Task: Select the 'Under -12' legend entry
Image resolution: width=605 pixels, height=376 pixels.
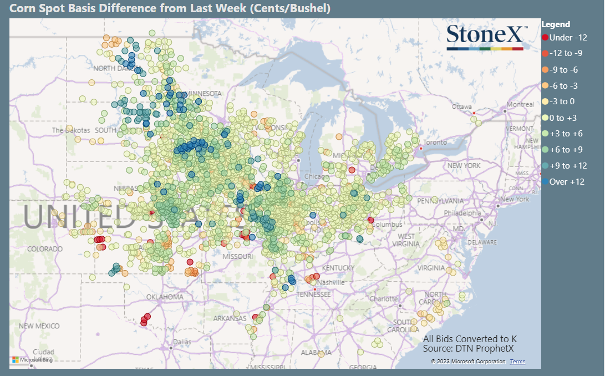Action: click(x=568, y=38)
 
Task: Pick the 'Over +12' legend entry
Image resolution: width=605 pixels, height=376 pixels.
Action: click(x=567, y=182)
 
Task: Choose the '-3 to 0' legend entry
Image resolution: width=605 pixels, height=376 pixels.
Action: click(x=563, y=101)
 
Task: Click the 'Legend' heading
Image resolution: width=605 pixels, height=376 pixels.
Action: click(x=556, y=24)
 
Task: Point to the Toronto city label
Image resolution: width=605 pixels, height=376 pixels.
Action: click(x=435, y=143)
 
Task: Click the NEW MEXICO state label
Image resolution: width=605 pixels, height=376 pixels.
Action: click(x=39, y=326)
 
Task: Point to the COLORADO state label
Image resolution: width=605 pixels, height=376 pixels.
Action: click(x=45, y=249)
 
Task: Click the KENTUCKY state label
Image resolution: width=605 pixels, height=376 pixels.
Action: click(x=338, y=268)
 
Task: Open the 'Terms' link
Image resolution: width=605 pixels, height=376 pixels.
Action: click(x=517, y=362)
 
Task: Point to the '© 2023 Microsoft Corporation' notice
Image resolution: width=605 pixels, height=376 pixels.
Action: click(x=468, y=362)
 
